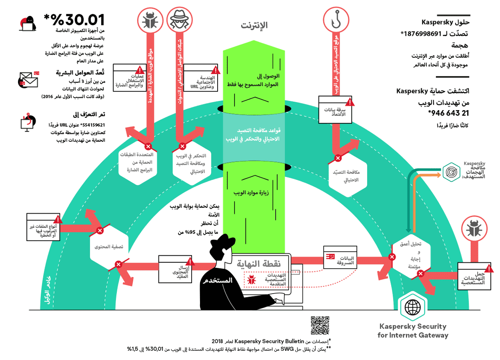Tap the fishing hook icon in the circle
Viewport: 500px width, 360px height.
(x=335, y=20)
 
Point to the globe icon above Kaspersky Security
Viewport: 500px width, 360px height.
(x=412, y=307)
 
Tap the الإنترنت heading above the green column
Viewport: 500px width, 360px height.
(x=255, y=25)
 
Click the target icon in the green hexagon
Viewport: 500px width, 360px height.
(x=453, y=172)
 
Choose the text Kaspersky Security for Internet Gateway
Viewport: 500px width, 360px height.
(x=413, y=331)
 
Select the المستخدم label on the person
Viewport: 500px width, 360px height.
(x=217, y=281)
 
